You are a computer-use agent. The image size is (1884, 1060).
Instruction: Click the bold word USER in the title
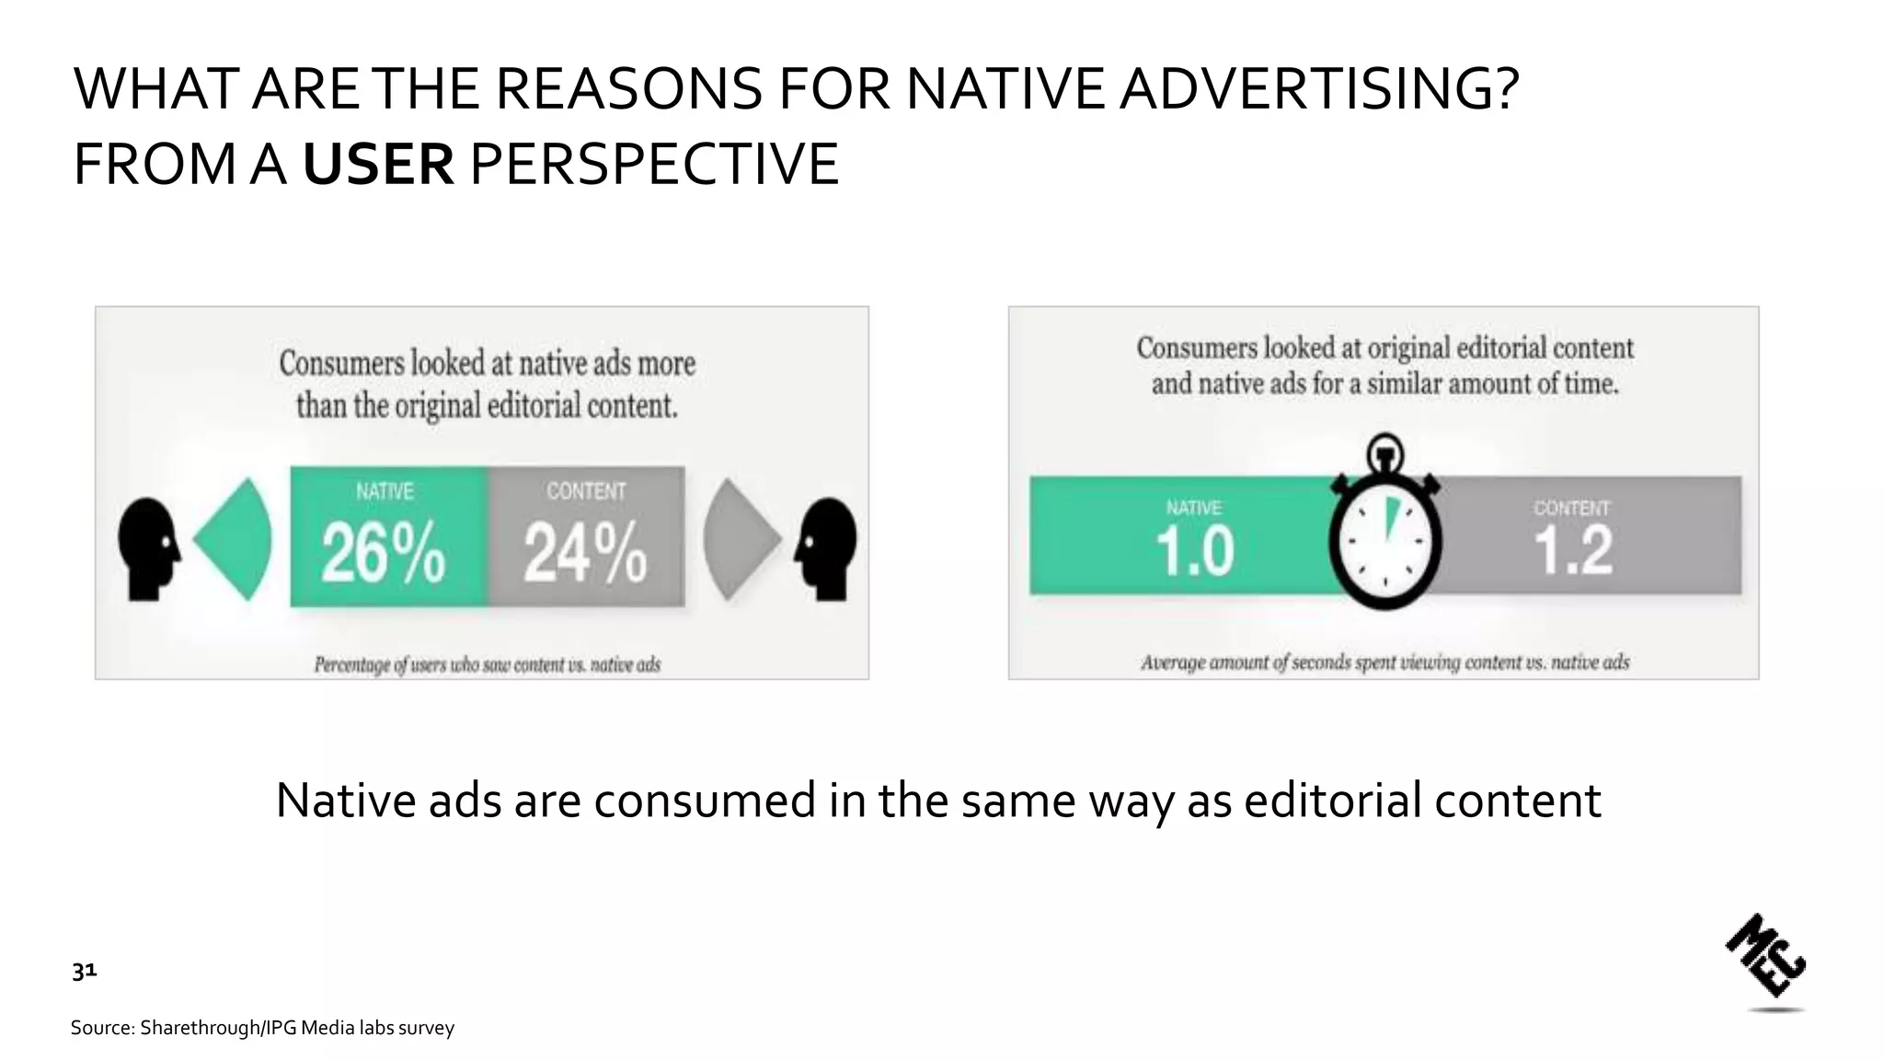click(378, 165)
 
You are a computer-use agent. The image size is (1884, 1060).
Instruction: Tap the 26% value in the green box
click(384, 555)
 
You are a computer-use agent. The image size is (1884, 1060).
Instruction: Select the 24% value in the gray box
click(585, 555)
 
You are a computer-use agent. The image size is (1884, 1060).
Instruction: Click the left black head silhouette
click(148, 548)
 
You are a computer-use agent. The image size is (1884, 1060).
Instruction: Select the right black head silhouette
click(827, 548)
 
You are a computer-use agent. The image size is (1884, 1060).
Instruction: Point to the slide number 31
click(85, 972)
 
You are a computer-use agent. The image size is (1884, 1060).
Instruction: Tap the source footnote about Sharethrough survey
click(262, 1028)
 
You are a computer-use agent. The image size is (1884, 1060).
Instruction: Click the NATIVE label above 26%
click(385, 492)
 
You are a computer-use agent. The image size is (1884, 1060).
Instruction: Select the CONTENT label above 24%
click(586, 492)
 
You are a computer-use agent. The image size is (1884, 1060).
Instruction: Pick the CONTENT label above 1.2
click(1571, 508)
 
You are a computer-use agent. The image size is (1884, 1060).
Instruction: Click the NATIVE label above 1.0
click(1193, 508)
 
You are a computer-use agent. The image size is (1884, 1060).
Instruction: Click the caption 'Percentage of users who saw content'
click(488, 664)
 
